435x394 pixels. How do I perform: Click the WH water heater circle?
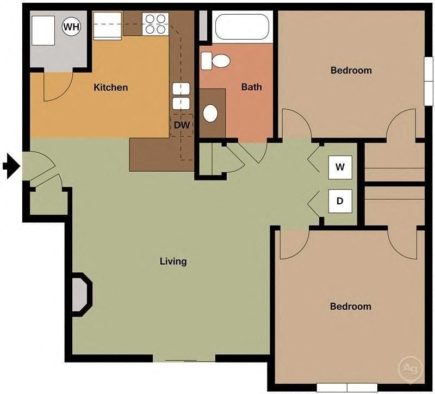71,26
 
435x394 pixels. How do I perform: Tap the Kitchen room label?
110,87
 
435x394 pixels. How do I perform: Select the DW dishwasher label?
181,124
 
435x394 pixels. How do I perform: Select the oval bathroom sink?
210,113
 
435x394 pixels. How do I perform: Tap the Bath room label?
251,86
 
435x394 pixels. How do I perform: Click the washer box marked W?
340,167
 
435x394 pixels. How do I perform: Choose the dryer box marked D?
340,201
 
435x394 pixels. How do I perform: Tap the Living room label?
173,261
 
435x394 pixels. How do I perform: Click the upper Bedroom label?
351,70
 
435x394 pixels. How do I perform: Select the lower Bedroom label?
351,306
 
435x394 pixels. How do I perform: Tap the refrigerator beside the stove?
107,26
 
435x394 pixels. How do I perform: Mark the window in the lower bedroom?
346,388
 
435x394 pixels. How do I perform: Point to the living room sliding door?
184,359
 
